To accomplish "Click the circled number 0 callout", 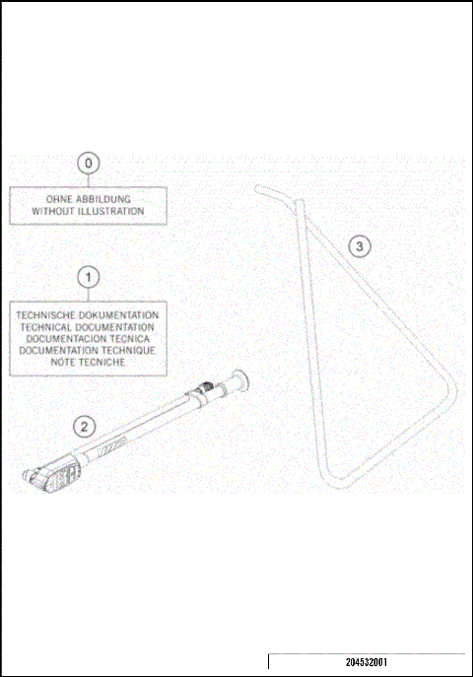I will (x=88, y=163).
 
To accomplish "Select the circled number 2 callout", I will (x=86, y=426).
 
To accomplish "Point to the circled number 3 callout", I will (x=362, y=245).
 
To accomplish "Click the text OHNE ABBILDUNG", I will (x=88, y=199).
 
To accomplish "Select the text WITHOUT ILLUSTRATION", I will (x=88, y=211).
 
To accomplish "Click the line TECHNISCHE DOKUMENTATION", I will (x=88, y=315).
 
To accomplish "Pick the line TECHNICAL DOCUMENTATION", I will (x=88, y=326).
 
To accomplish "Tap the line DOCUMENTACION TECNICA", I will (x=88, y=338).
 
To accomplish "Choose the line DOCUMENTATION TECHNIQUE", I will (x=88, y=350).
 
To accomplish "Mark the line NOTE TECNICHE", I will (x=88, y=362).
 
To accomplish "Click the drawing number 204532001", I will (x=367, y=663).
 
